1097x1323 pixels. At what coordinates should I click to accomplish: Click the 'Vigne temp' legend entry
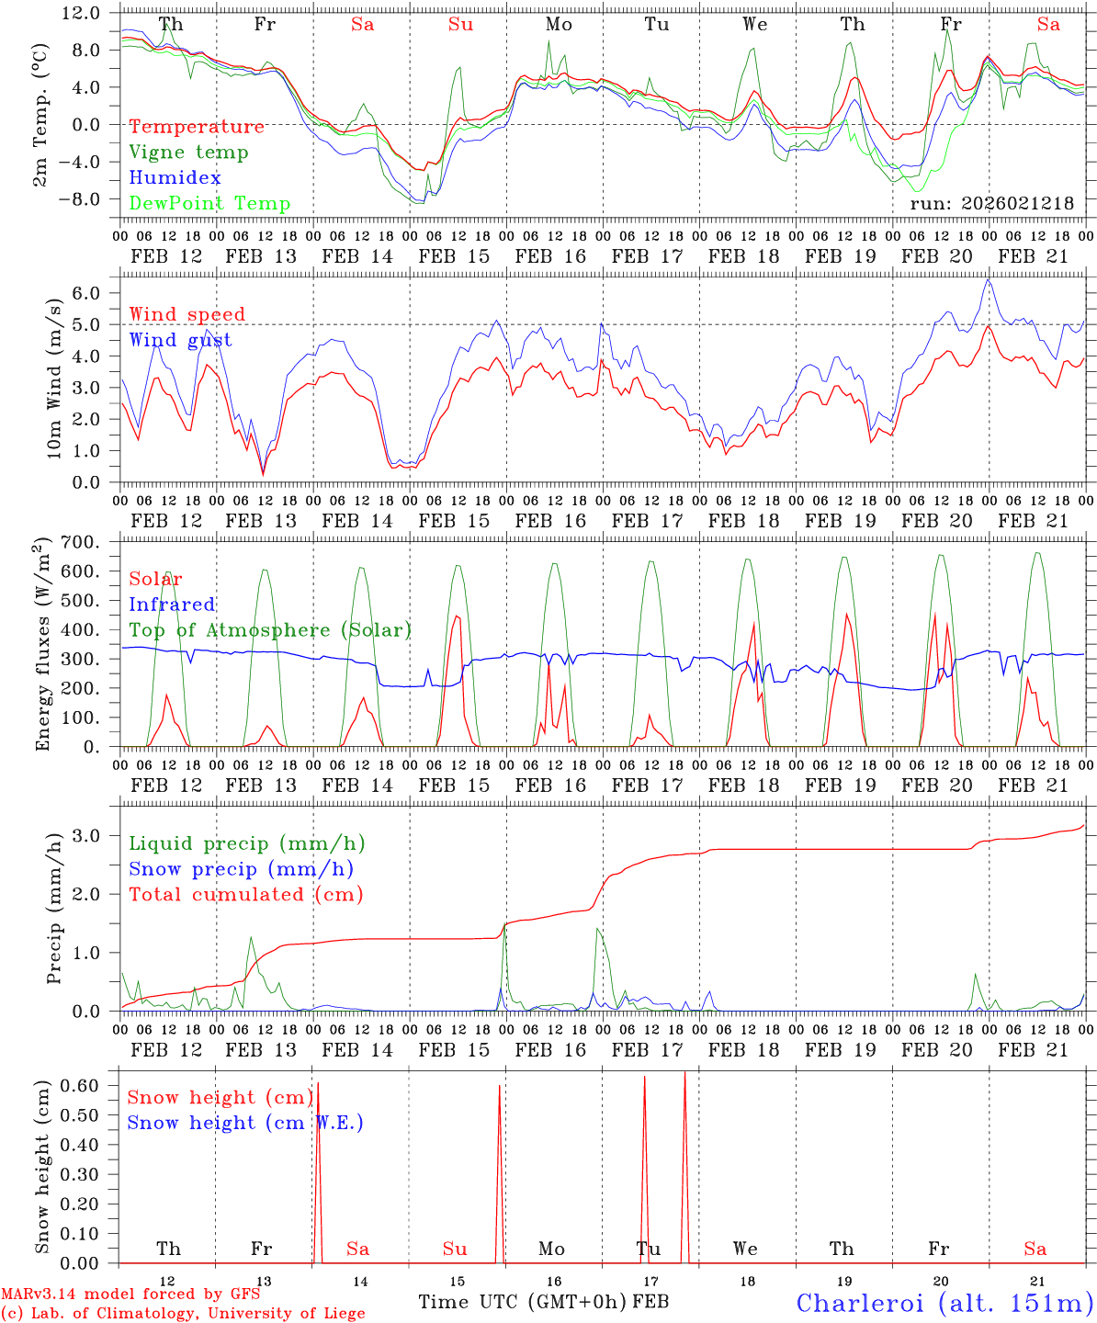[x=188, y=153]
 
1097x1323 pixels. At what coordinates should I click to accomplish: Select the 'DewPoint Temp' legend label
[x=209, y=204]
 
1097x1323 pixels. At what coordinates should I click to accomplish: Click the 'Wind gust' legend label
[x=180, y=340]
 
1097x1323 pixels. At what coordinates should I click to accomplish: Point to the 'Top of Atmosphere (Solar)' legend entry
[x=270, y=630]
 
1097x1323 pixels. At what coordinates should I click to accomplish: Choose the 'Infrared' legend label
[x=172, y=605]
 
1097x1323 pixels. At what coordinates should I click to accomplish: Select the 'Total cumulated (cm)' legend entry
[x=245, y=894]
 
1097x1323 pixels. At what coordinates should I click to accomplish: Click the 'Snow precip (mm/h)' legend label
[x=241, y=868]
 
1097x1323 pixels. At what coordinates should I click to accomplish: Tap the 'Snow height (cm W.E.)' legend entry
[x=245, y=1123]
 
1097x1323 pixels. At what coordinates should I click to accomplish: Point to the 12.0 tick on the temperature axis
[x=82, y=13]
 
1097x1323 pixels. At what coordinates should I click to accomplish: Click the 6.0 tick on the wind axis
[x=90, y=293]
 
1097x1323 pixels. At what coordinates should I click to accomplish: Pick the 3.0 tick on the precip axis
[x=90, y=835]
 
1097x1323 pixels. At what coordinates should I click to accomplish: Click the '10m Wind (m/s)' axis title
[x=55, y=378]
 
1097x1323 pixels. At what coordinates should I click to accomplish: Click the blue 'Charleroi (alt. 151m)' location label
[x=944, y=1303]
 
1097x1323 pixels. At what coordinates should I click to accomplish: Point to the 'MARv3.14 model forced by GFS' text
[x=130, y=1295]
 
